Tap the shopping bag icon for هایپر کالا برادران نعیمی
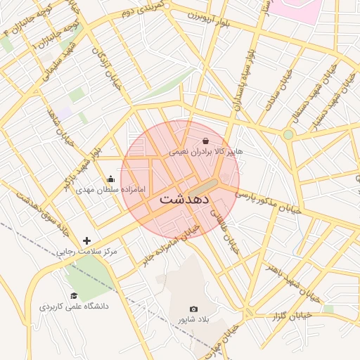coord(205,141)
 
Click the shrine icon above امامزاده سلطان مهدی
coord(110,179)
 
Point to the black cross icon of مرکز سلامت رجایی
coord(86,240)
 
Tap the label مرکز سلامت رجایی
coord(87,251)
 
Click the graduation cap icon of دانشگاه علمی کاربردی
coord(74,296)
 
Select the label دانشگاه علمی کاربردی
coord(72,307)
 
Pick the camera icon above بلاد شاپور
coord(193,309)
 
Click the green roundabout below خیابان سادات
coord(288,134)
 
